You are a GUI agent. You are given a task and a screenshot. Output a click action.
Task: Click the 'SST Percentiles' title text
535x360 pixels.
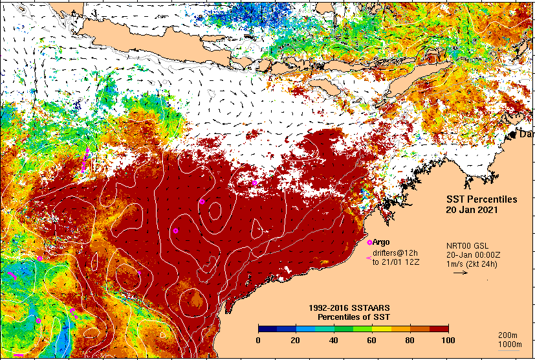pyautogui.click(x=482, y=199)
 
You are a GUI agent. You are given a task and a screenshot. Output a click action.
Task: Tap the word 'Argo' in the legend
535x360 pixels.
pyautogui.click(x=381, y=242)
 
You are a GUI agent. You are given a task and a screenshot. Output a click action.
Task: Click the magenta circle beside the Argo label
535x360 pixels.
pyautogui.click(x=369, y=242)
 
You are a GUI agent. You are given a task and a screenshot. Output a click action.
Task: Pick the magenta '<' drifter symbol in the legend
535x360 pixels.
pyautogui.click(x=368, y=258)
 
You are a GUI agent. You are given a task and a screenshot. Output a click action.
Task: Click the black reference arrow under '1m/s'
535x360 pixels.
pyautogui.click(x=460, y=273)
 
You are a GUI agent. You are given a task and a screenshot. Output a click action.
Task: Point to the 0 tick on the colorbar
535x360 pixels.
pyautogui.click(x=259, y=340)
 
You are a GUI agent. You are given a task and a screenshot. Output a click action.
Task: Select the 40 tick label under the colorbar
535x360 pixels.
pyautogui.click(x=334, y=340)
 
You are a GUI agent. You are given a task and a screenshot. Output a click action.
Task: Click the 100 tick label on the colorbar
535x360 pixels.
pyautogui.click(x=447, y=340)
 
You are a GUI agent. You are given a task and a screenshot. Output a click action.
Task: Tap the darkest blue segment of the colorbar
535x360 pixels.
pyautogui.click(x=268, y=328)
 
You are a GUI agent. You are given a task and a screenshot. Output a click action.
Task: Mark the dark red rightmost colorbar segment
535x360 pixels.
pyautogui.click(x=437, y=328)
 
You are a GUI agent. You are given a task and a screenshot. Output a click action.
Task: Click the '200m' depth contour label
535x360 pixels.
pyautogui.click(x=507, y=335)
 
